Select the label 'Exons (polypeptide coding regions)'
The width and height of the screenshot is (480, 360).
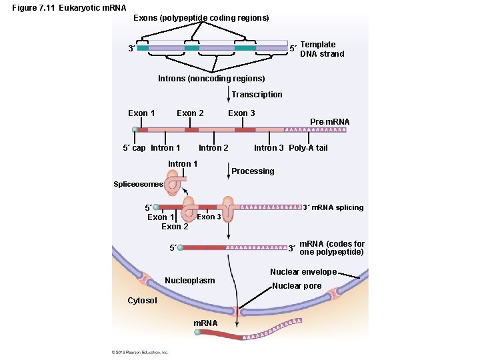pyautogui.click(x=201, y=18)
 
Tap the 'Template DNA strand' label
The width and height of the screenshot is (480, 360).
pyautogui.click(x=322, y=49)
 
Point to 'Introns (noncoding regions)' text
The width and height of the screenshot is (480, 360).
pyautogui.click(x=211, y=79)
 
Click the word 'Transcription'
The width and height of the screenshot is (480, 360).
pyautogui.click(x=257, y=95)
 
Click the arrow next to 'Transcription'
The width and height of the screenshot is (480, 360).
pyautogui.click(x=228, y=95)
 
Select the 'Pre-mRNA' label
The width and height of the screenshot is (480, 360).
pyautogui.click(x=329, y=121)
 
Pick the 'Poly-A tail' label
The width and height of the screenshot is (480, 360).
pyautogui.click(x=308, y=148)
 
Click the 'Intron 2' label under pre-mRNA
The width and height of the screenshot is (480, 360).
pyautogui.click(x=213, y=148)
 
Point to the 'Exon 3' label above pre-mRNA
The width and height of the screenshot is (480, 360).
pyautogui.click(x=241, y=113)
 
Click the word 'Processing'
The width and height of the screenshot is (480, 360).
pyautogui.click(x=253, y=171)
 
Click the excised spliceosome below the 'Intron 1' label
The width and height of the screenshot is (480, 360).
pyautogui.click(x=177, y=182)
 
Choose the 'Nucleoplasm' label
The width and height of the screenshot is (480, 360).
pyautogui.click(x=189, y=281)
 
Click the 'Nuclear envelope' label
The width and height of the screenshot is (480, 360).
pyautogui.click(x=303, y=272)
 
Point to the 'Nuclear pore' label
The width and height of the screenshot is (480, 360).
pyautogui.click(x=297, y=286)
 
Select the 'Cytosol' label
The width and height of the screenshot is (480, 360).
pyautogui.click(x=142, y=300)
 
